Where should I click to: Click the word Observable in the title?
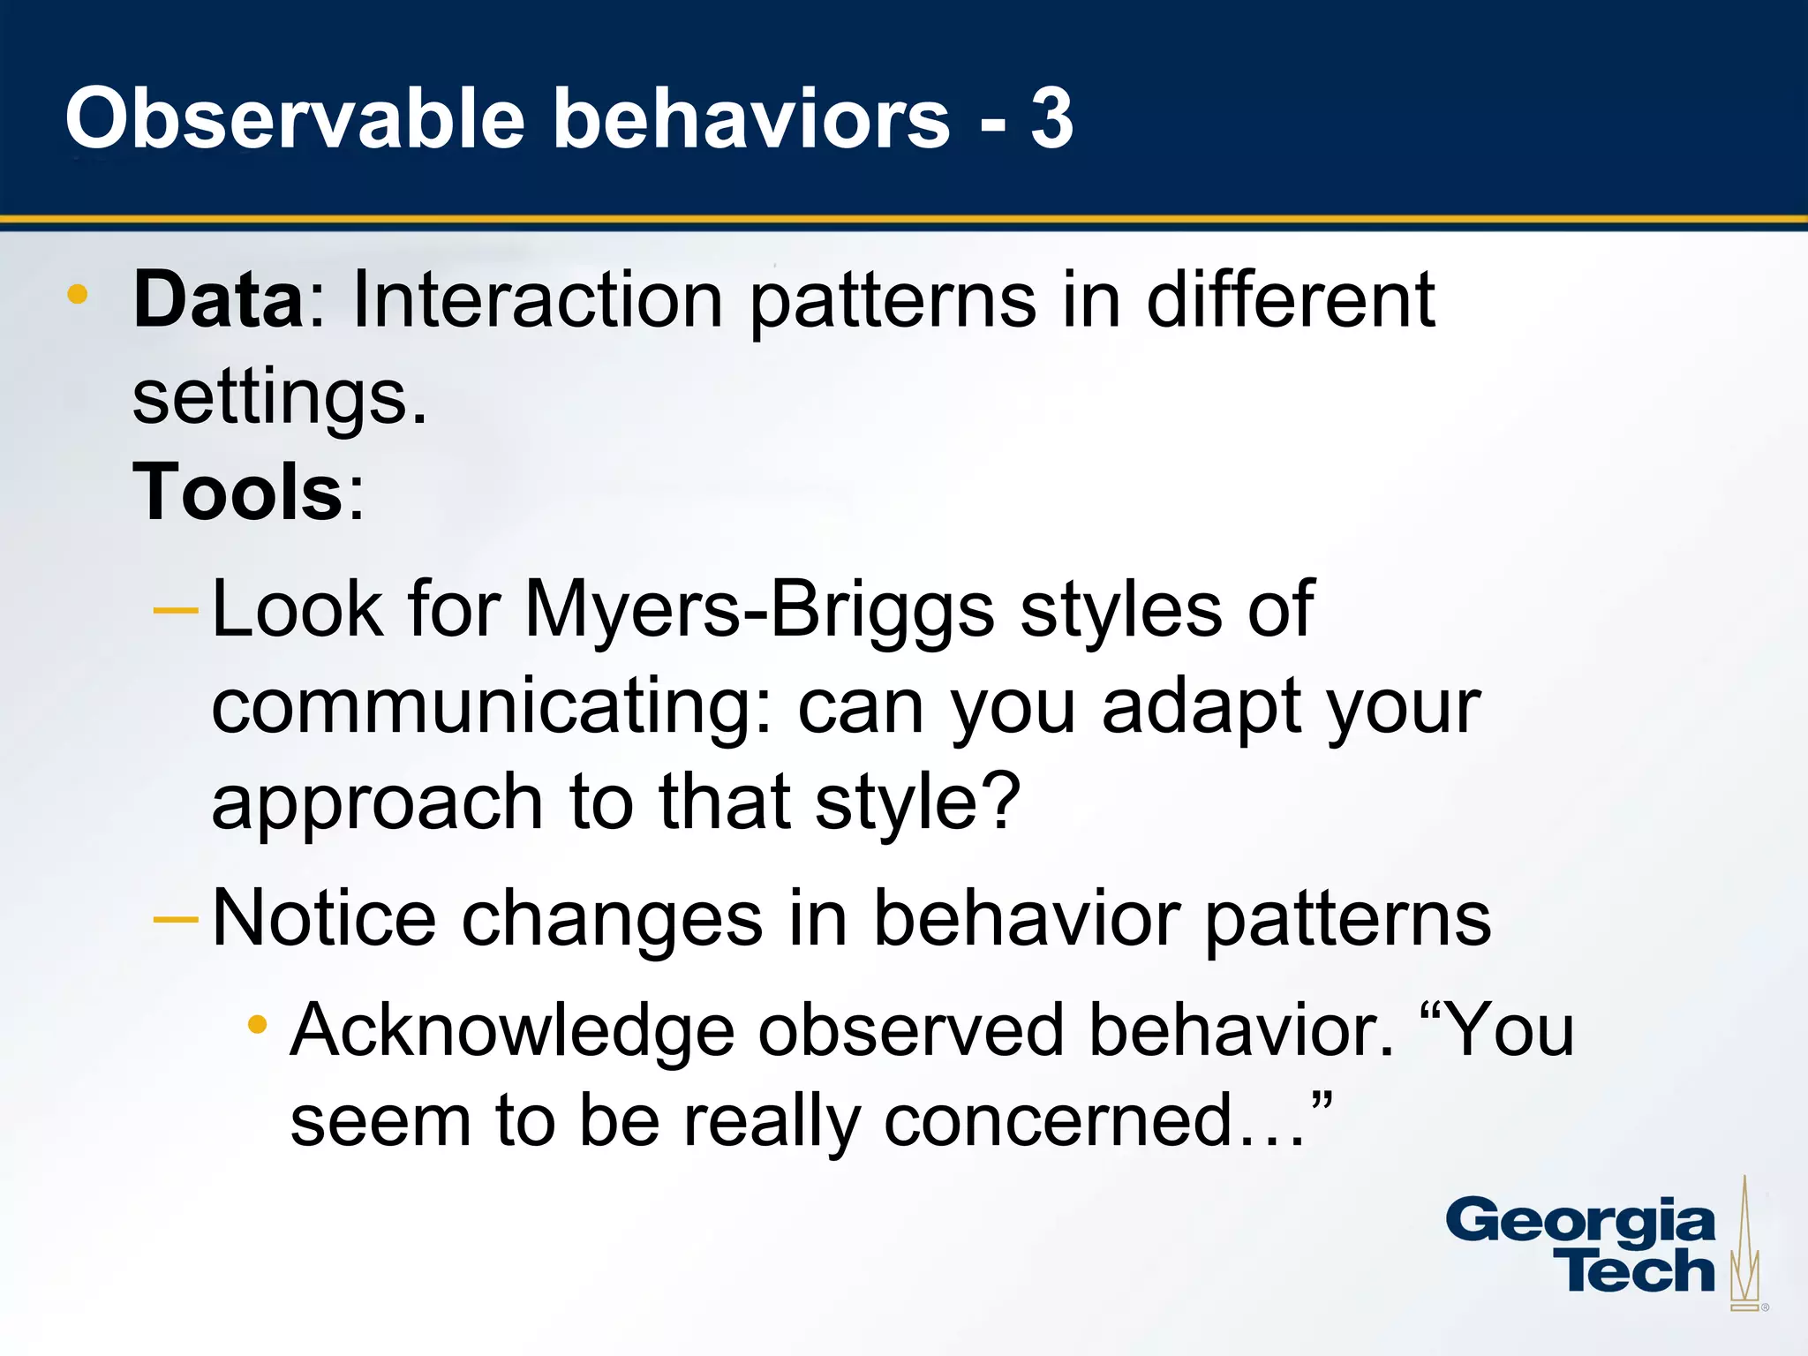tap(296, 119)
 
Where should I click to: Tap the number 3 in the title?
tap(1051, 119)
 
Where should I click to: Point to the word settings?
tap(279, 397)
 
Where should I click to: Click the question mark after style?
tap(1002, 802)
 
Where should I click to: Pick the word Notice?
tap(324, 918)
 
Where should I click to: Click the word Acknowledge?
tap(512, 1030)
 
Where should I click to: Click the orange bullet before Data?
tap(78, 294)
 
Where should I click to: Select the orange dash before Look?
tap(176, 610)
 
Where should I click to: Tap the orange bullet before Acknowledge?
tap(257, 1024)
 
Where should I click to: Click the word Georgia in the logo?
tap(1580, 1223)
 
